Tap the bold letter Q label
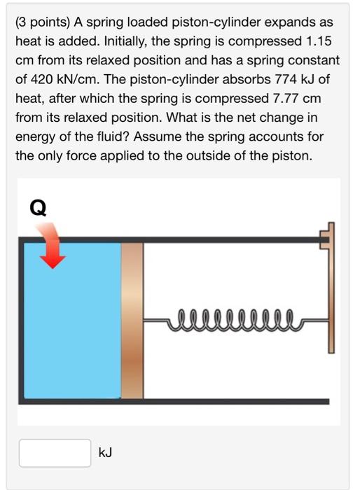[x=39, y=207]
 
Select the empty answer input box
[x=55, y=453]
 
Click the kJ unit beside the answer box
[x=105, y=454]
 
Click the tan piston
[x=132, y=321]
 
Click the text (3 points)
[x=47, y=25]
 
